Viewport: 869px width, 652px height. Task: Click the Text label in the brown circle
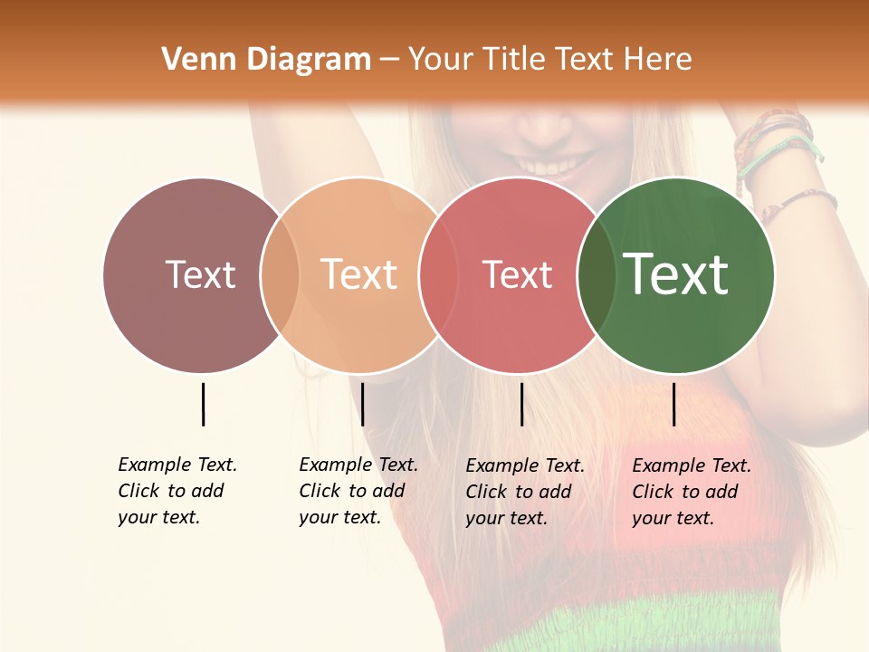point(200,274)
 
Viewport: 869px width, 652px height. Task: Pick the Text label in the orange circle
point(359,274)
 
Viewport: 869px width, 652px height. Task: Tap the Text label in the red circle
point(517,274)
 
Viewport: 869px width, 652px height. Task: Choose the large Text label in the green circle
point(676,274)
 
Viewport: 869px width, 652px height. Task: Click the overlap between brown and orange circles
point(280,274)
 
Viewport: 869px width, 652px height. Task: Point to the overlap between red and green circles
point(596,274)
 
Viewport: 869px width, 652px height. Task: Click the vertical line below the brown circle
point(203,404)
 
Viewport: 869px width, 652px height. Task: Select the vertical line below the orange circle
point(362,404)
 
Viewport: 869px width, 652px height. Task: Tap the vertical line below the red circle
point(522,404)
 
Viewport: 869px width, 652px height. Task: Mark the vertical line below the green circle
point(674,404)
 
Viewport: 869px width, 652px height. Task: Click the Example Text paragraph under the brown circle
point(177,491)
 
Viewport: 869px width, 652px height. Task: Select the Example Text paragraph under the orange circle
point(358,491)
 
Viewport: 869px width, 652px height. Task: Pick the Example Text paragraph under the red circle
point(525,492)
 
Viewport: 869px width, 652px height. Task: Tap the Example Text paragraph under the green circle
point(692,492)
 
